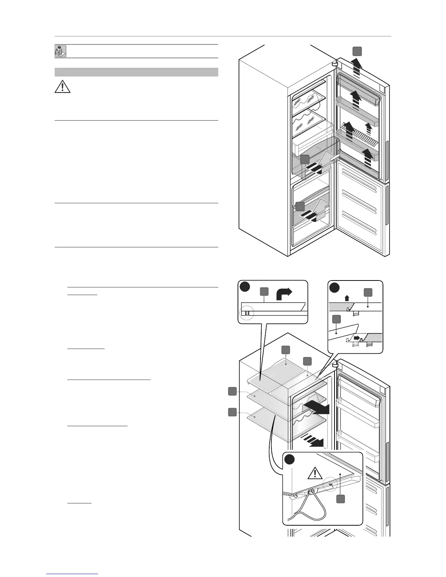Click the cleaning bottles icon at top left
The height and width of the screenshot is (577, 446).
(60, 51)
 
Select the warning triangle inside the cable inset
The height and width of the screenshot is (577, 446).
(313, 474)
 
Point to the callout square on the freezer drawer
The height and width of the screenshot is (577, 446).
(300, 206)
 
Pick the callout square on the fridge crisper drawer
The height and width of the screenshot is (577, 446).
(305, 159)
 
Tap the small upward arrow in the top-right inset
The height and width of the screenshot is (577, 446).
(347, 297)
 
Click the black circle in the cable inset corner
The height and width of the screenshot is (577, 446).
(290, 459)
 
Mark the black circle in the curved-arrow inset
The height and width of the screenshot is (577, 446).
(244, 287)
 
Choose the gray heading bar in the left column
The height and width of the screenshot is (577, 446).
(136, 72)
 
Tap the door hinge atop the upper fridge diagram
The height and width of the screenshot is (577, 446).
(335, 63)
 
